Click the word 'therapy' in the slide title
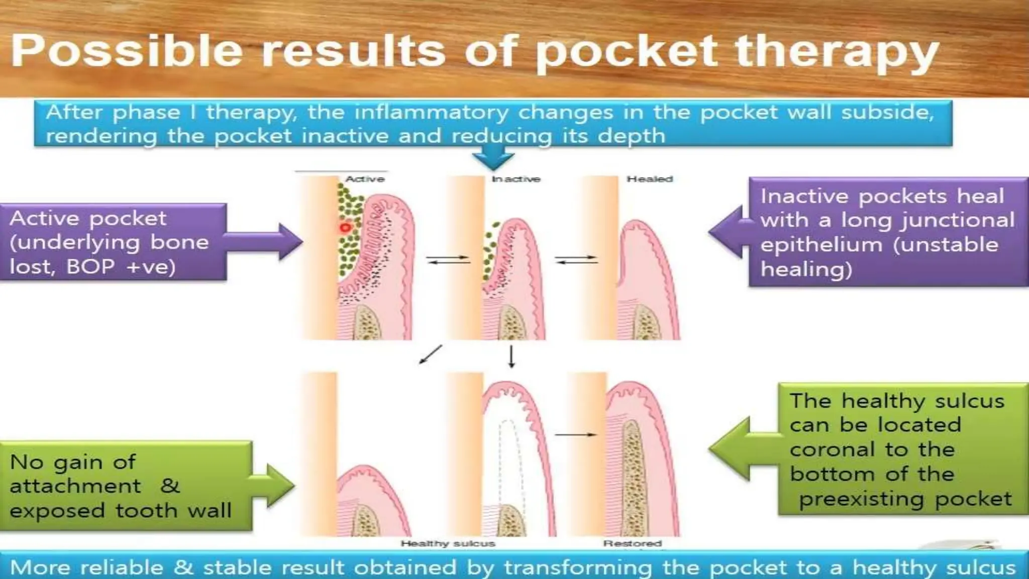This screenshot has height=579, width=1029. click(x=837, y=52)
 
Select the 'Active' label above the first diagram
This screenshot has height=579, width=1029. click(x=365, y=179)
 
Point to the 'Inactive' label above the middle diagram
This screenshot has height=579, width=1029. click(x=516, y=179)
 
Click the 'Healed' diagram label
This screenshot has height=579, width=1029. click(x=650, y=179)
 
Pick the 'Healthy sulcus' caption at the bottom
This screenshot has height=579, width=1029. click(x=448, y=543)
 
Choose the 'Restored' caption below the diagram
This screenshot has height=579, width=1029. click(x=633, y=543)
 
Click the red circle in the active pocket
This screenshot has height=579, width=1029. click(x=345, y=228)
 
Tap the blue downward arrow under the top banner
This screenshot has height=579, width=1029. click(x=493, y=159)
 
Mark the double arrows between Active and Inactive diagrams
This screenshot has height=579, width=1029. click(x=448, y=260)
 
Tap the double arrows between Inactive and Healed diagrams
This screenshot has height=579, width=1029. click(x=576, y=259)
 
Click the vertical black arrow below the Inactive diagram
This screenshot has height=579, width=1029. click(x=511, y=357)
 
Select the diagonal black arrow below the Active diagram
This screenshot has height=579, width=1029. click(x=431, y=354)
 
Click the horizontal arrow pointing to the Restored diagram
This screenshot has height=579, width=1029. click(x=576, y=435)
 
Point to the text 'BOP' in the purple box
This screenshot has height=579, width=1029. click(x=90, y=266)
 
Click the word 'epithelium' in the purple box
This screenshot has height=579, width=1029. click(x=821, y=245)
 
